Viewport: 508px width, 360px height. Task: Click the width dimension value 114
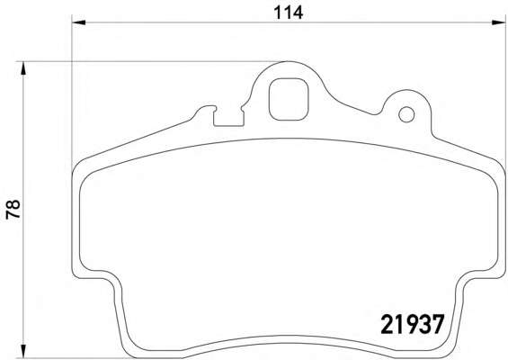[x=288, y=13]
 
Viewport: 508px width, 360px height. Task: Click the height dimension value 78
[x=13, y=210]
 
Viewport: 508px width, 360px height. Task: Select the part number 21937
[x=412, y=325]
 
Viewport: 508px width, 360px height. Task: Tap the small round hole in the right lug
[x=406, y=114]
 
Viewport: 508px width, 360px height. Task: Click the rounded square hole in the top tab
[x=289, y=99]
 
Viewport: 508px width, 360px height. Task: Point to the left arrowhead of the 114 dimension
[x=78, y=22]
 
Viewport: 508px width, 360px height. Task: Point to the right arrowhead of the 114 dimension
[x=498, y=22]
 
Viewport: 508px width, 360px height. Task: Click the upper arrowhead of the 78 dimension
[x=22, y=68]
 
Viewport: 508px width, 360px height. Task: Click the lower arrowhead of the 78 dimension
[x=22, y=352]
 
